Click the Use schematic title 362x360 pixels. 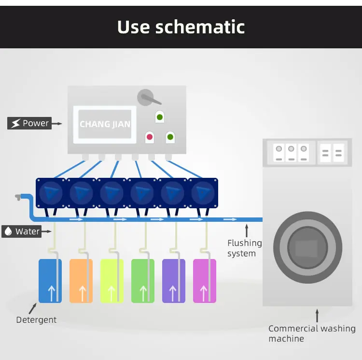pos(181,27)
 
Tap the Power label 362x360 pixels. pos(29,123)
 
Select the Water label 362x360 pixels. pos(21,231)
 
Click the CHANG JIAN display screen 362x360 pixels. pos(105,124)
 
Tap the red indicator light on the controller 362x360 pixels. pos(150,137)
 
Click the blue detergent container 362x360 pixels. pos(50,281)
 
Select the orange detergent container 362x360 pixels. pos(81,281)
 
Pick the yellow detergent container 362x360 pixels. pos(112,281)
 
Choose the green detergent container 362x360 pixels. pos(143,281)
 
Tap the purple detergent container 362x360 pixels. pos(174,281)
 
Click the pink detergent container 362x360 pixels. pos(205,281)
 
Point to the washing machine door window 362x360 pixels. pos(308,247)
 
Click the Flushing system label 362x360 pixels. pos(245,248)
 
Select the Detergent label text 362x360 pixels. pos(36,320)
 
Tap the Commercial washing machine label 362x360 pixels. pos(312,333)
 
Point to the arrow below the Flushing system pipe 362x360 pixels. pos(247,230)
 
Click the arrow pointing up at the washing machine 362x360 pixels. pos(317,316)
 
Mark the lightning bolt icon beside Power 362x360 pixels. pos(15,123)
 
